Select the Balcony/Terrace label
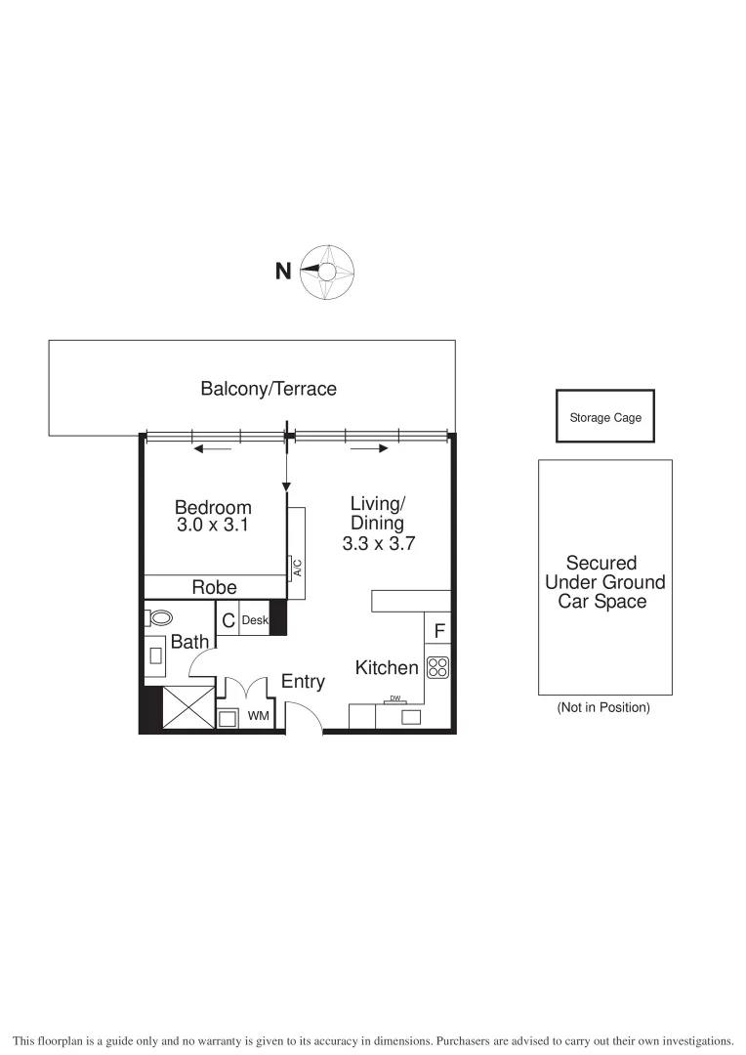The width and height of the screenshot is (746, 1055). [x=269, y=389]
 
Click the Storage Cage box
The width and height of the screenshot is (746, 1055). [x=605, y=417]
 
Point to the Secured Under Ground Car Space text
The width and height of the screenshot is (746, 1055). [x=602, y=582]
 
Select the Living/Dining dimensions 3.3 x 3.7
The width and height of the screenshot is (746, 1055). [x=378, y=544]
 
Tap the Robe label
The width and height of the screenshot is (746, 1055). [x=214, y=587]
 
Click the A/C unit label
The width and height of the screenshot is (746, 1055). [x=297, y=568]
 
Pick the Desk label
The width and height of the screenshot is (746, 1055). [x=255, y=620]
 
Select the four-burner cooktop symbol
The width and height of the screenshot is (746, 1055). [x=437, y=668]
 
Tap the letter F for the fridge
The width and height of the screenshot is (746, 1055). [x=439, y=632]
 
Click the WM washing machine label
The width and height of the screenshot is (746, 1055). [x=258, y=717]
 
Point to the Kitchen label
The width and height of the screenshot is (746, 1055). [x=387, y=668]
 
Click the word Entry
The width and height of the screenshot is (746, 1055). [x=303, y=682]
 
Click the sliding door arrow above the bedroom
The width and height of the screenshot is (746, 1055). [x=213, y=449]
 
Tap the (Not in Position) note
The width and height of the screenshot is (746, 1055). [x=602, y=707]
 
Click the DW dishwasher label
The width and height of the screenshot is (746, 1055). [x=395, y=698]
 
